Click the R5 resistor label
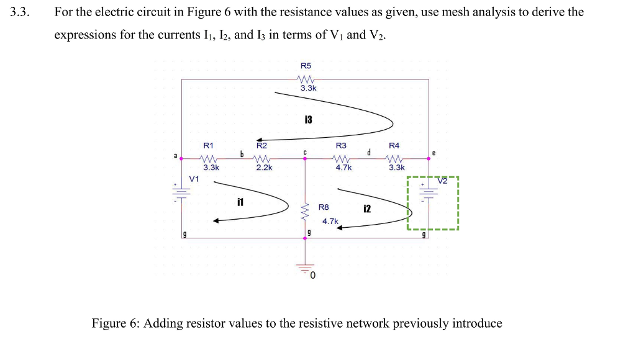(306, 65)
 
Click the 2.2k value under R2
(265, 167)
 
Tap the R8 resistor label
(324, 207)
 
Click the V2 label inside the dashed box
(442, 181)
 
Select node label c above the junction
(304, 150)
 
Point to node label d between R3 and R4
(368, 151)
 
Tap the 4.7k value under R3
(343, 167)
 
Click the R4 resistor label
(394, 145)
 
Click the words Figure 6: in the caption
(116, 323)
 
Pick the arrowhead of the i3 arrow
(261, 140)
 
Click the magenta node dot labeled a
(181, 158)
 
